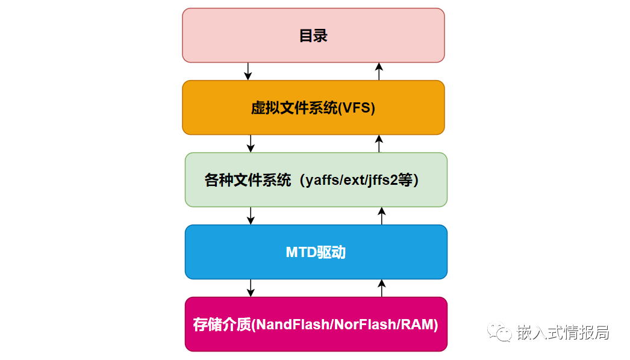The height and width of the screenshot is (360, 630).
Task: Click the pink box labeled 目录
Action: (x=313, y=35)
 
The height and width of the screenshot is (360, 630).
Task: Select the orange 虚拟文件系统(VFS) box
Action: (x=313, y=107)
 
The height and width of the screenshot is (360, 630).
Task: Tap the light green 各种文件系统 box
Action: (x=316, y=179)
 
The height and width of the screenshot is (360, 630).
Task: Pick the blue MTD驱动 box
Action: (x=316, y=252)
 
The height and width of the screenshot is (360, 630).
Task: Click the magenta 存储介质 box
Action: (x=316, y=324)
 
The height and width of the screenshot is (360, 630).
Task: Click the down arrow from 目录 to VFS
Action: (x=248, y=71)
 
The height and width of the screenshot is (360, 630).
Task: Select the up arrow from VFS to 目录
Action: (x=379, y=71)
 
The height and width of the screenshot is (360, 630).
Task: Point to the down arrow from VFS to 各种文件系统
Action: (x=251, y=143)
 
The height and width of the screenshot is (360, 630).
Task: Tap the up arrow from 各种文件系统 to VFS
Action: (x=379, y=143)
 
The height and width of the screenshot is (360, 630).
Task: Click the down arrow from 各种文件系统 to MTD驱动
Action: (x=251, y=216)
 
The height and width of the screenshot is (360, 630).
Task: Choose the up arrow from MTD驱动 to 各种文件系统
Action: (x=381, y=216)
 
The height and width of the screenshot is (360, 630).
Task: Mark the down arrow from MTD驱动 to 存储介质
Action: (x=251, y=288)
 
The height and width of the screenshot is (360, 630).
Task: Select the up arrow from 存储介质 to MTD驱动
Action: (x=381, y=288)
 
